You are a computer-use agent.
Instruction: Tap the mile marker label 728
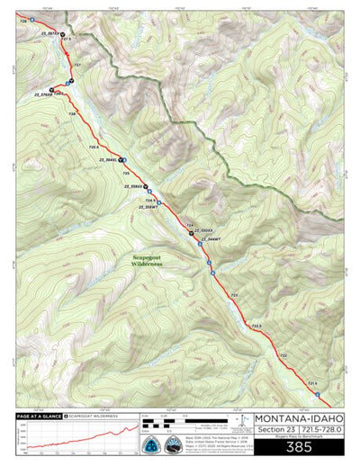[22, 20]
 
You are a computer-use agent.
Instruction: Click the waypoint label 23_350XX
[205, 231]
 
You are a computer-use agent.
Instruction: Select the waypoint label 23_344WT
[211, 242]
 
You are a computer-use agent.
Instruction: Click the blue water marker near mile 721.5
[317, 393]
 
